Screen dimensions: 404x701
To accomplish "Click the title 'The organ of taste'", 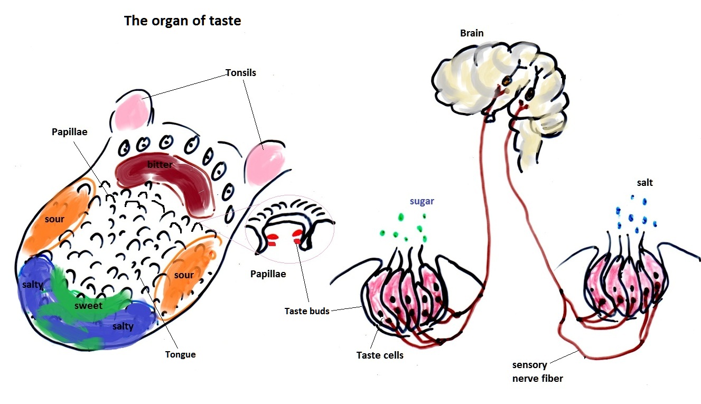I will coord(182,21).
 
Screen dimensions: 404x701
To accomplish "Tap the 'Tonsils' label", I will coord(240,73).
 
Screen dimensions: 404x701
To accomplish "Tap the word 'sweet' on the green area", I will coord(88,305).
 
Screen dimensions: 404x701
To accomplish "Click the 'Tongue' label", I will coord(180,354).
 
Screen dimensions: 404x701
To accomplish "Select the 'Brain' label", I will coord(472,33).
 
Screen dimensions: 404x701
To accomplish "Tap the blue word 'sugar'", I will coord(422,201).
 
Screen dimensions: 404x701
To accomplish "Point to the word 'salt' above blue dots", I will coord(644,183).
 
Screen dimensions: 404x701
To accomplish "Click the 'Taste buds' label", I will coord(307,311).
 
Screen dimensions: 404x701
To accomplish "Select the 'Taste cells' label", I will coord(380,355).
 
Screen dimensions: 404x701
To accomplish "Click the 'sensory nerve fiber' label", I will coord(538,371).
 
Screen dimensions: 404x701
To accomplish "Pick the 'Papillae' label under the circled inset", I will coord(268,274).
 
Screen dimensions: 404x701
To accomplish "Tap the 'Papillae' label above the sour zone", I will coord(69,131).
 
